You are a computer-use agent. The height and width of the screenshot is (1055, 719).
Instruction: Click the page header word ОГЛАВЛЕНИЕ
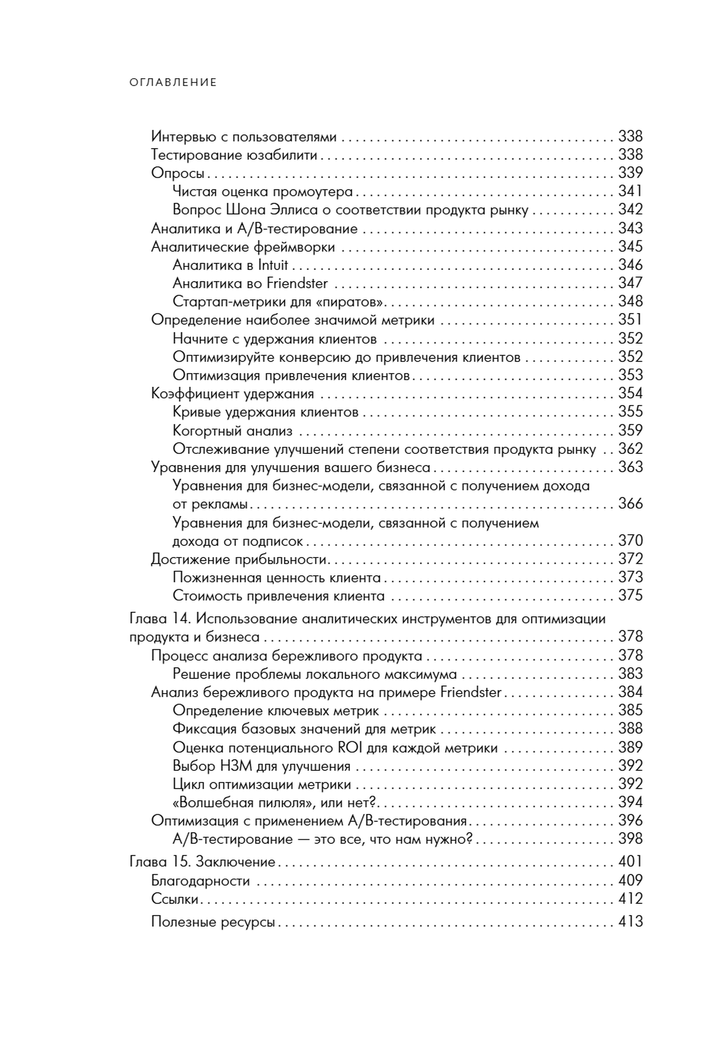173,82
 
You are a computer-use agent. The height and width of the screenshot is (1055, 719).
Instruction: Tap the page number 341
630,191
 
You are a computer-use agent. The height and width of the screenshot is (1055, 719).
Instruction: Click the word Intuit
273,265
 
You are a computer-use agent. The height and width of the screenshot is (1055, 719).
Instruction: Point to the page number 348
630,301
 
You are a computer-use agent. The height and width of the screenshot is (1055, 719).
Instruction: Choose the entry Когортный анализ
232,431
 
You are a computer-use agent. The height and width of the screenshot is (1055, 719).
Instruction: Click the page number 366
630,504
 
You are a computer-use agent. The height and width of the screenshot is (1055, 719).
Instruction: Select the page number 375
630,596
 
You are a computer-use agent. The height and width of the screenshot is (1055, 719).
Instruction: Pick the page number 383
630,674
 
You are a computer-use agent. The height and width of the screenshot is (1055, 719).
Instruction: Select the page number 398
630,839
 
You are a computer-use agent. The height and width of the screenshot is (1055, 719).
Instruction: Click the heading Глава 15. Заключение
202,862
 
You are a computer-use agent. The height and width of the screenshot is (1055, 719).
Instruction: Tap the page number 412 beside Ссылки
630,899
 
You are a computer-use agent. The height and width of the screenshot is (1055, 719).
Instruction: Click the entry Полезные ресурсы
213,922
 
